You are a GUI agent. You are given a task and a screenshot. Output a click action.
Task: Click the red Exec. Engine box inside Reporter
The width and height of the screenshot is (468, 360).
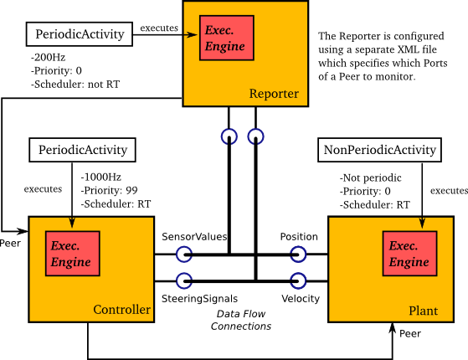click(x=227, y=36)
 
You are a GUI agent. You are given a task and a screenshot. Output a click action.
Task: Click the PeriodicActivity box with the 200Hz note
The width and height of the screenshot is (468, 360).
click(x=80, y=34)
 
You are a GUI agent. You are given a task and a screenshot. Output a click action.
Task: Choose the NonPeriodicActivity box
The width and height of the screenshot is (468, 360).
click(x=379, y=151)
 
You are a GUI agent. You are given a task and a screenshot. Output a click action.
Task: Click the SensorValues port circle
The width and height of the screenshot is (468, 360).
click(x=184, y=254)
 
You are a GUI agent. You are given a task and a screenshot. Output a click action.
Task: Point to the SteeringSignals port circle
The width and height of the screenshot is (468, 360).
click(x=184, y=280)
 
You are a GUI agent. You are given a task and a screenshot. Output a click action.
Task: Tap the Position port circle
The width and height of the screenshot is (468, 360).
click(x=298, y=254)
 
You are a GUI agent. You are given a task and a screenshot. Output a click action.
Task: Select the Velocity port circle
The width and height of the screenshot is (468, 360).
click(x=298, y=280)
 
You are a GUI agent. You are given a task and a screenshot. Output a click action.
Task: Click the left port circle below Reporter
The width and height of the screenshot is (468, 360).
click(x=229, y=135)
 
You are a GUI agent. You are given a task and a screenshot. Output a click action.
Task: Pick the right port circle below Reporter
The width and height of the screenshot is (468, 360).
click(x=255, y=135)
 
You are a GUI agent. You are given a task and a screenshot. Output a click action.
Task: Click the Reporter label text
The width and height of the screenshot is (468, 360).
click(x=273, y=94)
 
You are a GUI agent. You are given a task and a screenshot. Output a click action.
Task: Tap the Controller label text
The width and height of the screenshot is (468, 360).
click(x=121, y=311)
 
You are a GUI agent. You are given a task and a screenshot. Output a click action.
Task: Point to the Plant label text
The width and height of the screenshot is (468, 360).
click(x=423, y=311)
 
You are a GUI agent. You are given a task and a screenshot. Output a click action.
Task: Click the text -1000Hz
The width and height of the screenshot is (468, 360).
click(x=100, y=177)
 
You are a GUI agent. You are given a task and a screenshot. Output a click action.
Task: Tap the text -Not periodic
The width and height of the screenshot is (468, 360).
click(x=372, y=178)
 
